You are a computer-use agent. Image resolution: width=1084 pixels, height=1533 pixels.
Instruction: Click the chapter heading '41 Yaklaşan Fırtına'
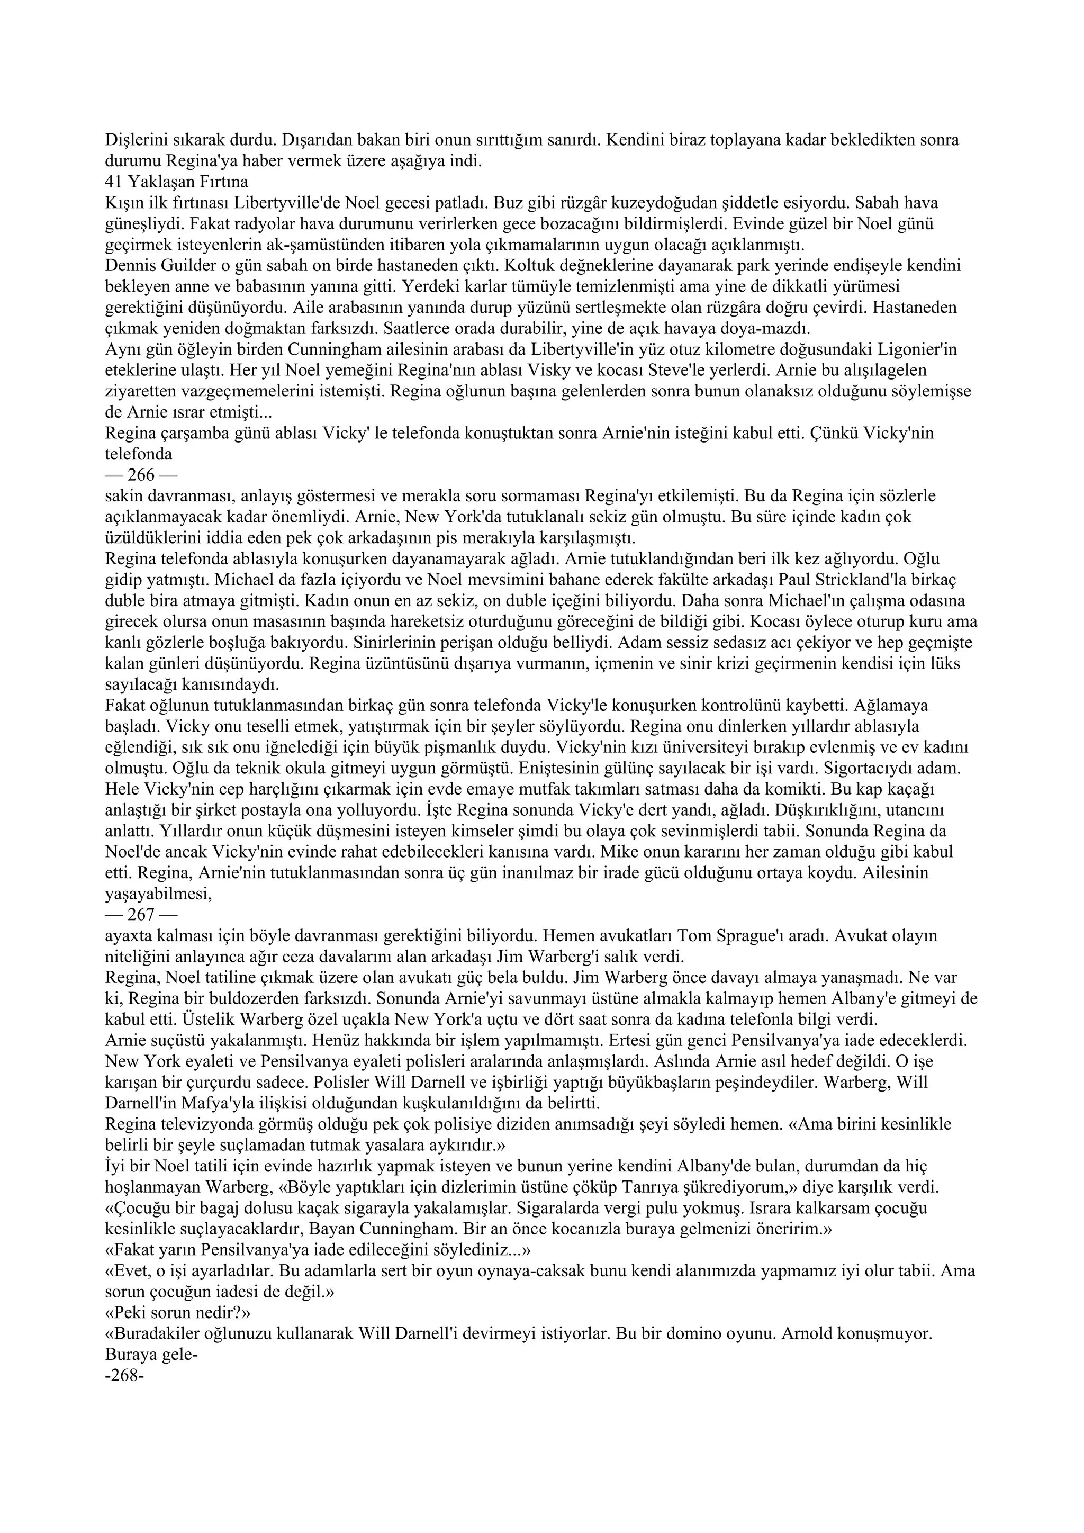pos(176,182)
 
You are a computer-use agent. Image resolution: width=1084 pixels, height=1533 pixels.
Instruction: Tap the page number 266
pos(140,475)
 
